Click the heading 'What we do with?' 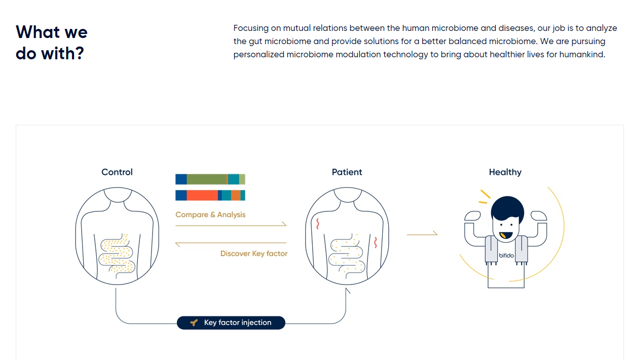[51, 43]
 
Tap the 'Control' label [117, 172]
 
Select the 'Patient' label [347, 172]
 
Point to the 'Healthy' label [505, 172]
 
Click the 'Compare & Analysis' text [210, 214]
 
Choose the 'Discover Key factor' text [253, 254]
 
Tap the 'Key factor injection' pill [231, 322]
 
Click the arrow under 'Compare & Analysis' [231, 225]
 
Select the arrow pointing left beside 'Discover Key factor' [231, 244]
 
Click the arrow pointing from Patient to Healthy [422, 234]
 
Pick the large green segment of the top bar [206, 179]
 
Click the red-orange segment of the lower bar [202, 195]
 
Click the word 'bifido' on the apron [506, 256]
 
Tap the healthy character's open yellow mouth [505, 236]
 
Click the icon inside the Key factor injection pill [193, 322]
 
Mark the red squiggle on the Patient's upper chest [318, 223]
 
